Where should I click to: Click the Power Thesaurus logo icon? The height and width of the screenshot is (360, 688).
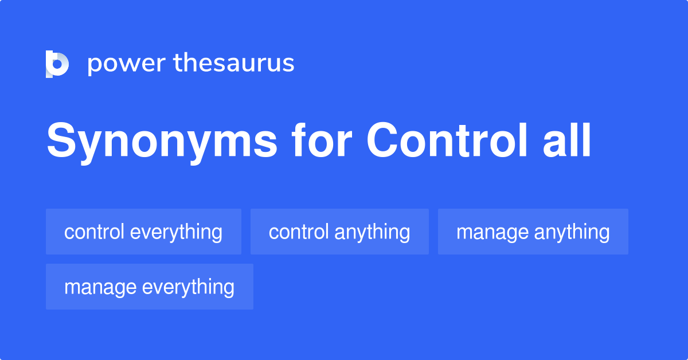coord(57,64)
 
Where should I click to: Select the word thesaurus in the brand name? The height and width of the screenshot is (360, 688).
coord(234,64)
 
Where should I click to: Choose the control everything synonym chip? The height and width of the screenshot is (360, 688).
coord(143,232)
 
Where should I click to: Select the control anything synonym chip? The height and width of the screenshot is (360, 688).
coord(339,232)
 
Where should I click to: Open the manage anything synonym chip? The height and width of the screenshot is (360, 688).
coord(533,232)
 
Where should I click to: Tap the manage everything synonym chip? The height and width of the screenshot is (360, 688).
coord(149,287)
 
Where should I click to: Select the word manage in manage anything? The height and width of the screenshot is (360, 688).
coord(492,232)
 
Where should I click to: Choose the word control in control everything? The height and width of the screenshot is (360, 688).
coord(94,232)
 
